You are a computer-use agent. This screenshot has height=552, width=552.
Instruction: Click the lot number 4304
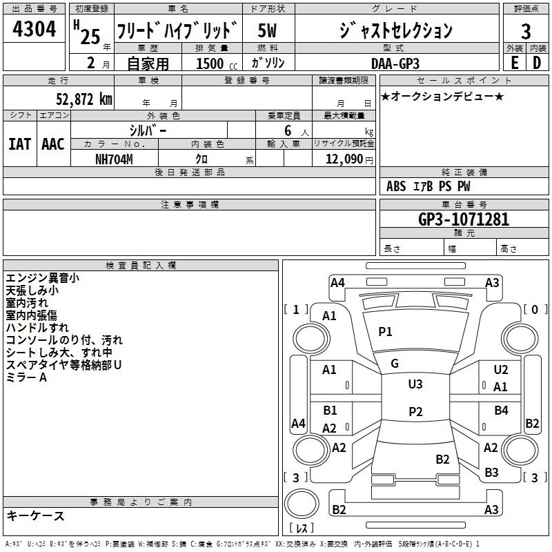pos(34,29)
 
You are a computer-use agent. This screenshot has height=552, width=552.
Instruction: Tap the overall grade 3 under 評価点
pos(526,32)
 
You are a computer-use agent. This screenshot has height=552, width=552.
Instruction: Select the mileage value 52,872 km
pos(84,99)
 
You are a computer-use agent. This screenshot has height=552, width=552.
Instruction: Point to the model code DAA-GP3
pos(395,63)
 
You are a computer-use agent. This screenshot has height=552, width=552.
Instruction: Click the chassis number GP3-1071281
pos(464,219)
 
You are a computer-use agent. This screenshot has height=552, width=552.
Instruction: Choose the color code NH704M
pos(114,159)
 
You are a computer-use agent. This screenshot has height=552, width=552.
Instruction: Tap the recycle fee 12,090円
pos(349,159)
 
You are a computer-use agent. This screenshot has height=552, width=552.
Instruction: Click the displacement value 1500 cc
pos(217,63)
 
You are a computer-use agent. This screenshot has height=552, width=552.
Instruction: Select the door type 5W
pos(267,30)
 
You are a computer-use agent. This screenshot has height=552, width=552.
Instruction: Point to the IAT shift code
pos(20,144)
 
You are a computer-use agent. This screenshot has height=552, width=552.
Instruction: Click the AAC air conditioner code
pos(53,144)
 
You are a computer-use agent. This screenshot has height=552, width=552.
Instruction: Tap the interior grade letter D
pos(537,63)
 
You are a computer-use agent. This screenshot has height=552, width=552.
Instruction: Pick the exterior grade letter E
pos(515,63)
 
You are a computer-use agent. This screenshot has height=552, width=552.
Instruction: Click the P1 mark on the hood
pos(385,331)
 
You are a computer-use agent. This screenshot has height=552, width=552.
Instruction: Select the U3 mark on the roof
pos(415,384)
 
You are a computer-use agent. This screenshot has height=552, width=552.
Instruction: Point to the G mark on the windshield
pos(395,364)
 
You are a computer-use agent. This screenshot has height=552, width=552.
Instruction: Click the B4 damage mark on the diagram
pos(502,410)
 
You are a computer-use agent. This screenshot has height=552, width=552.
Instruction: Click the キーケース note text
pos(36,515)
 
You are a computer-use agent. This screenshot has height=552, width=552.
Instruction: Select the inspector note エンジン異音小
pos(43,278)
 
